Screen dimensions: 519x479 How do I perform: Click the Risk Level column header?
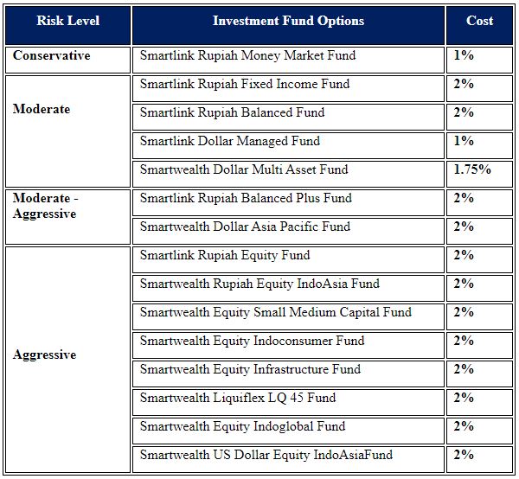(67, 21)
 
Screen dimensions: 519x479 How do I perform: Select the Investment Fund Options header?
(288, 21)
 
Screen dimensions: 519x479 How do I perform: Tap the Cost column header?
(479, 21)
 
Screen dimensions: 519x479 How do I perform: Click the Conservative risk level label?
(51, 55)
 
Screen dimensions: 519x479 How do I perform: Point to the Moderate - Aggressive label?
(45, 206)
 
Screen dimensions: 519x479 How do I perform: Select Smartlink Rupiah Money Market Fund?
(247, 55)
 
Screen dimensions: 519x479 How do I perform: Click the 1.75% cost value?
(472, 169)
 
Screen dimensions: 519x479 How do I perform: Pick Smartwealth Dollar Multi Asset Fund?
(244, 169)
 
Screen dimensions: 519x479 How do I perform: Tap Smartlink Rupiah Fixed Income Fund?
(245, 84)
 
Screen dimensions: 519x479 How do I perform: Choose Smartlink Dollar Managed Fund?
(230, 141)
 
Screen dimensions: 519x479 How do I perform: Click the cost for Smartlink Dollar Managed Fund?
(464, 141)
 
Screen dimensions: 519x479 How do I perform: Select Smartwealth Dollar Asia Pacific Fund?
(245, 227)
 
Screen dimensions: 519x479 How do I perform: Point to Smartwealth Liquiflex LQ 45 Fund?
(238, 398)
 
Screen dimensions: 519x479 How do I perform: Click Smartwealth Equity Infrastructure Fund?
(250, 369)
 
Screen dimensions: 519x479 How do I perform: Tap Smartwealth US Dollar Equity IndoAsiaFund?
(266, 455)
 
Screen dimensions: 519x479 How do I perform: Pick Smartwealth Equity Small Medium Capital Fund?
(276, 312)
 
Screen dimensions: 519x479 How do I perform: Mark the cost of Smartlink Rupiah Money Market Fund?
(464, 55)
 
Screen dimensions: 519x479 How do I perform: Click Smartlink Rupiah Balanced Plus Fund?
(246, 198)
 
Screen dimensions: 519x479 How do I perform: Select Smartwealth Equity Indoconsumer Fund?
(252, 341)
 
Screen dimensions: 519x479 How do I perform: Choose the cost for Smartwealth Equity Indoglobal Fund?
(464, 426)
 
